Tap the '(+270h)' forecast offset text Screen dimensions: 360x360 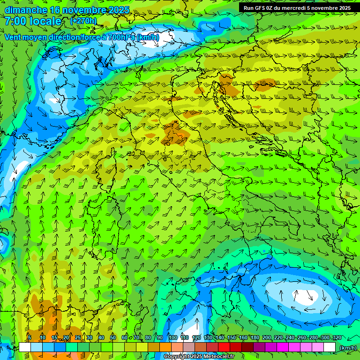click(x=83, y=21)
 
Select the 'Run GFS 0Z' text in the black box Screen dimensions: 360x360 click(x=260, y=8)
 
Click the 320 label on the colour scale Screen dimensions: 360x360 click(x=337, y=337)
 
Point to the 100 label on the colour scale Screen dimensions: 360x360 click(x=172, y=337)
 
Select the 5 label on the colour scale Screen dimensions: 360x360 click(x=30, y=337)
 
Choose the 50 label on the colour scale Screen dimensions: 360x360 click(x=113, y=337)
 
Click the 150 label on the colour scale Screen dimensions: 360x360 click(x=231, y=337)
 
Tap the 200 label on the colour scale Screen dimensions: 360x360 click(x=267, y=337)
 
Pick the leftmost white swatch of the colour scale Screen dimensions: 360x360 click(x=25, y=347)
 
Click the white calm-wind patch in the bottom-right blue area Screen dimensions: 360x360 click(x=307, y=296)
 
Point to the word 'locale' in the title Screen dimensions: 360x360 click(x=46, y=21)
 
